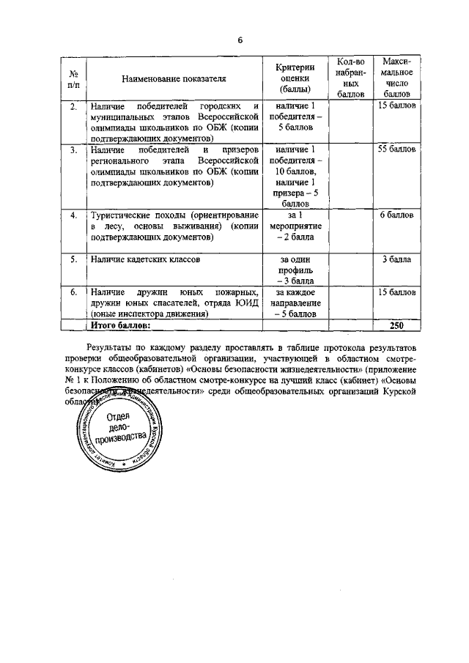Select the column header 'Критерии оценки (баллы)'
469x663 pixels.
[295, 77]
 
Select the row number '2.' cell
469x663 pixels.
[73, 107]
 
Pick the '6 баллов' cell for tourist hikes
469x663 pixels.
[397, 215]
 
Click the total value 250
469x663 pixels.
[397, 325]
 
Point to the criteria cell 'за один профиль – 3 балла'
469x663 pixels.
[295, 270]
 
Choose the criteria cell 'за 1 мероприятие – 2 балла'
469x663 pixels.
[295, 226]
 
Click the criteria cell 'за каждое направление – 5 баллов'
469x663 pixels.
[295, 303]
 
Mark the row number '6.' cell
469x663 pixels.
[73, 292]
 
